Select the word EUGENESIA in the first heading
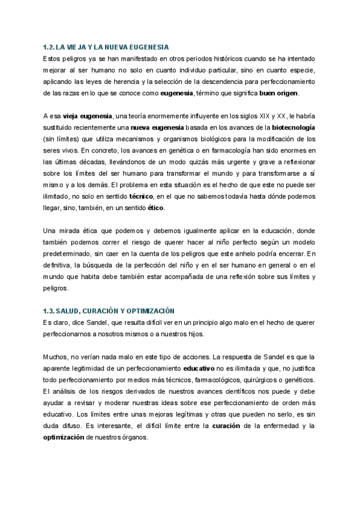tap(149, 46)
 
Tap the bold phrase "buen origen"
tap(278, 93)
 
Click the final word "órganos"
tap(132, 438)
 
